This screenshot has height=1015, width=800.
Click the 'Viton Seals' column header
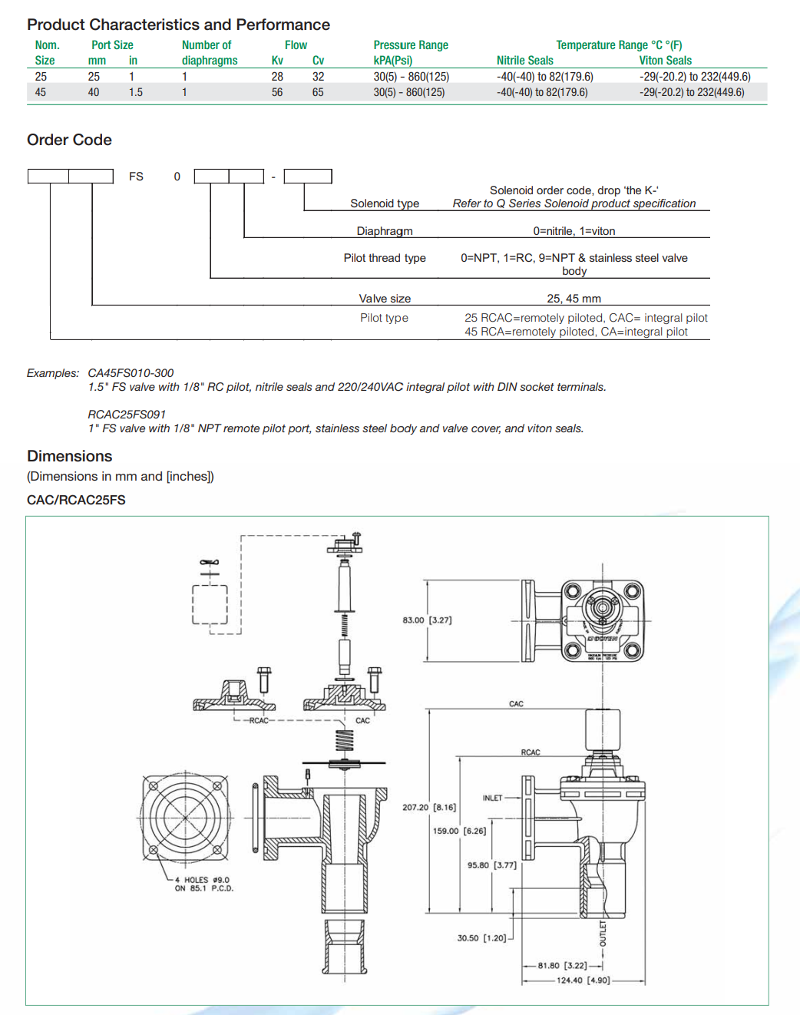coord(665,61)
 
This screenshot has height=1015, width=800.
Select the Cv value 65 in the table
coord(318,92)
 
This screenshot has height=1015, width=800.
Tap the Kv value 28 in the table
coord(277,77)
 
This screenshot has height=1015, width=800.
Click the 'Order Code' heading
coord(69,140)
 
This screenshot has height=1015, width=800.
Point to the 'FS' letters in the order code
coord(136,177)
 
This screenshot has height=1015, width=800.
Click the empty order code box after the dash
coord(308,177)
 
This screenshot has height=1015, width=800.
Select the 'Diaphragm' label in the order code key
coord(385,231)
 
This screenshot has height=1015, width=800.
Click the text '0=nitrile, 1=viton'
coord(574,231)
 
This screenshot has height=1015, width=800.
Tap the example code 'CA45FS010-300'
coord(131,373)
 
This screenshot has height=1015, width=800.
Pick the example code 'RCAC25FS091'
coord(127,415)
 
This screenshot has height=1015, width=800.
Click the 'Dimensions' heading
coord(69,456)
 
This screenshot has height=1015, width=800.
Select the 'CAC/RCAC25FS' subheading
coord(76,500)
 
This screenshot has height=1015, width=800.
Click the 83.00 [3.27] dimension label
coord(427,620)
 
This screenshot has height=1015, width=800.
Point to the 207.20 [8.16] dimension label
coord(429,807)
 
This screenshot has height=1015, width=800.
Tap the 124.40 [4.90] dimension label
coord(583,980)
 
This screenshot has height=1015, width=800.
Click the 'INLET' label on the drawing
coord(492,798)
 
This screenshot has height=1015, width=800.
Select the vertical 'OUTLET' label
coord(603,933)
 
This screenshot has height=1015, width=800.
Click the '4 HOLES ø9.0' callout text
coord(202,880)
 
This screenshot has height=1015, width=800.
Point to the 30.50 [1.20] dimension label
coord(481,938)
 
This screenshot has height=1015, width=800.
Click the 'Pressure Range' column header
coord(411,45)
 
